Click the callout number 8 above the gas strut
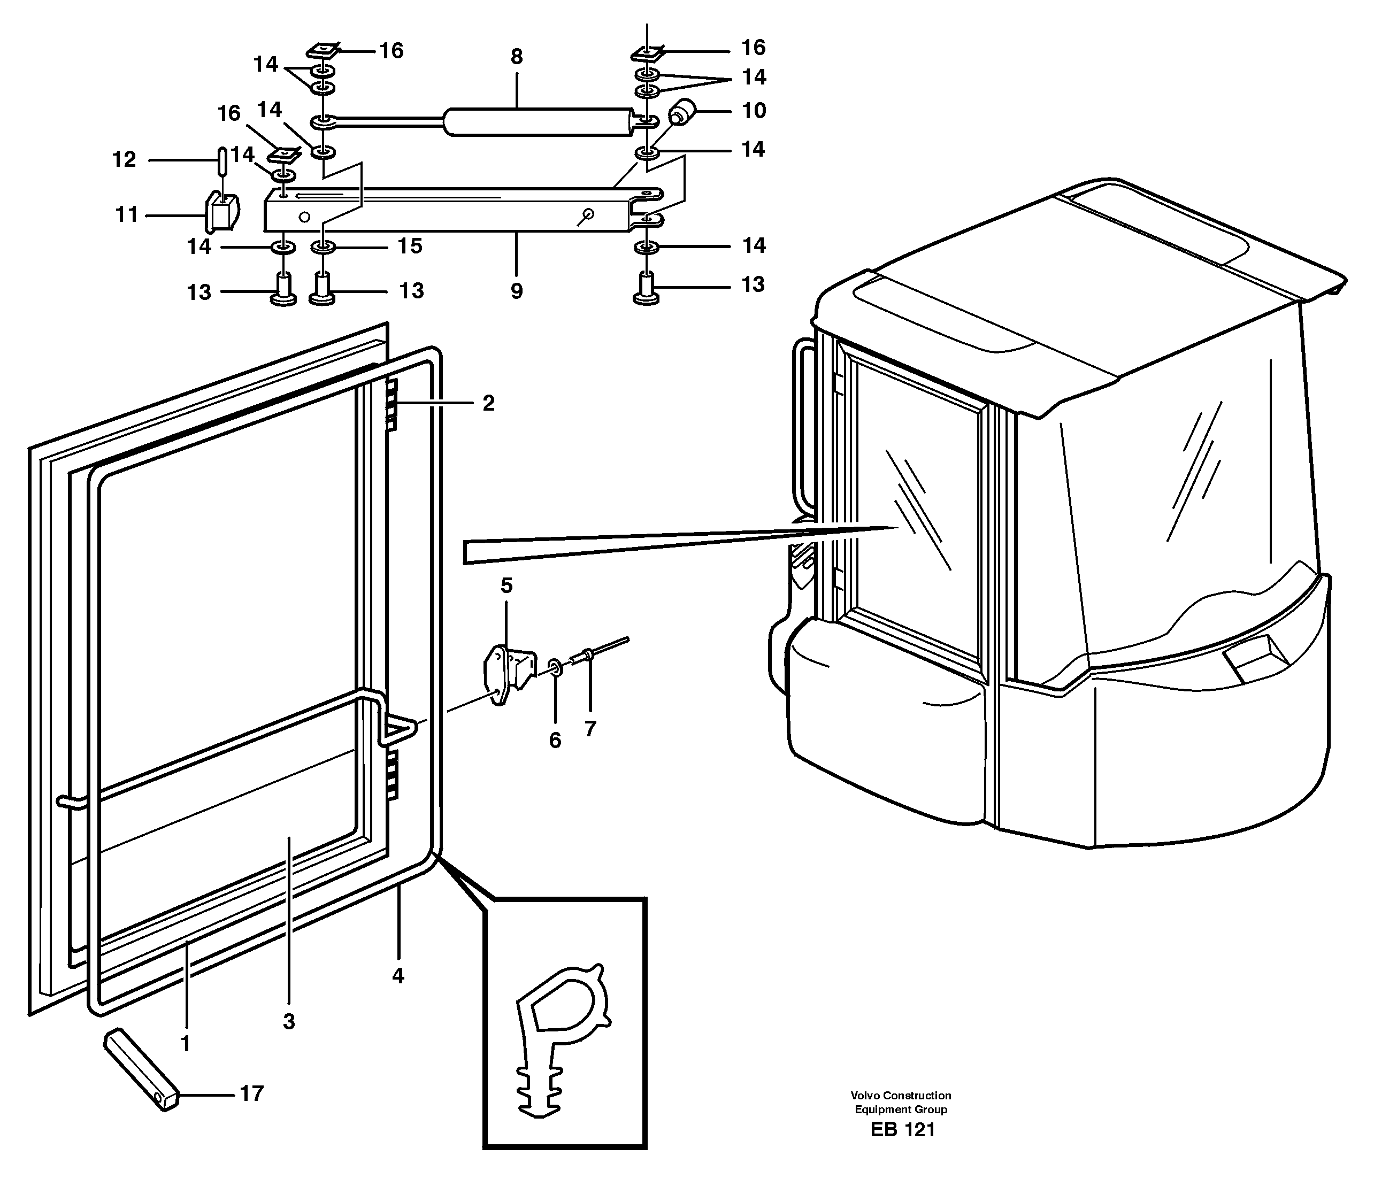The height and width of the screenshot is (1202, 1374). (516, 57)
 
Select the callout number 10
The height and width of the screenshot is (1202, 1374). (754, 111)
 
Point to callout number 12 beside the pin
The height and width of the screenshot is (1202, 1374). (124, 160)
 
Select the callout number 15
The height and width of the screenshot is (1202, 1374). (410, 246)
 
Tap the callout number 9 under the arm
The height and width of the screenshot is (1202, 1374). (516, 291)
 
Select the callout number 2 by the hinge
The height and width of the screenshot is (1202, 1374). (488, 403)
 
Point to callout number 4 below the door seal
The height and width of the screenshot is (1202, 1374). (398, 976)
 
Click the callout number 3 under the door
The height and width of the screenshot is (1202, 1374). (288, 1022)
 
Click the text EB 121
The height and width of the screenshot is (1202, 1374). (902, 1130)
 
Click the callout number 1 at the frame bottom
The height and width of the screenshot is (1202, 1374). (186, 1044)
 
